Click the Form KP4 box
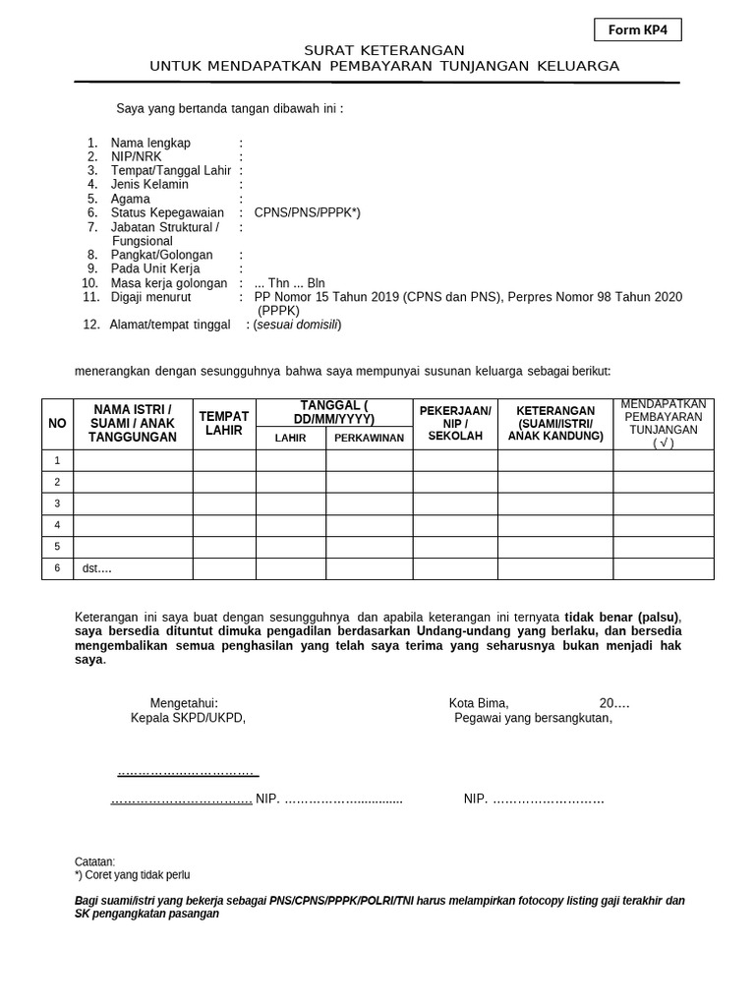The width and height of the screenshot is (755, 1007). click(637, 30)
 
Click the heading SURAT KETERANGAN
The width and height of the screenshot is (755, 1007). click(384, 50)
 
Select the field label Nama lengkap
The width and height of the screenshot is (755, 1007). click(150, 143)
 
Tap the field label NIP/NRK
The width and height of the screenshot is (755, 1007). click(137, 156)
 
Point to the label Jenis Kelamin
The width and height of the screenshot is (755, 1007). click(149, 184)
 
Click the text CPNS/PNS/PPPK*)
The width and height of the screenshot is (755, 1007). click(307, 212)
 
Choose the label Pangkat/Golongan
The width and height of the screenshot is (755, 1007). click(161, 255)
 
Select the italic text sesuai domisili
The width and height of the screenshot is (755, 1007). click(297, 325)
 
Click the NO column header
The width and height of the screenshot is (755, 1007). click(57, 423)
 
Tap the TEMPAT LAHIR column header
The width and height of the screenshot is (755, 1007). click(224, 423)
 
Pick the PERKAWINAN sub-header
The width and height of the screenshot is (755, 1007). click(369, 438)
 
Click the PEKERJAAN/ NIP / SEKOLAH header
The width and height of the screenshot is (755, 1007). click(455, 423)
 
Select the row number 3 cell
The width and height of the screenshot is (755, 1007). click(57, 503)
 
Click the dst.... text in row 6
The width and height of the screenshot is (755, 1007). click(96, 568)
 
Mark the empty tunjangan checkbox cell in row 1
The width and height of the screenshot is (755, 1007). click(664, 460)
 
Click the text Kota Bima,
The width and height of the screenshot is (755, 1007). click(479, 703)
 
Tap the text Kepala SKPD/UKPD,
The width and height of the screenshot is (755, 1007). click(188, 718)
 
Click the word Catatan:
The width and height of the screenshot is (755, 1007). click(95, 861)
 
